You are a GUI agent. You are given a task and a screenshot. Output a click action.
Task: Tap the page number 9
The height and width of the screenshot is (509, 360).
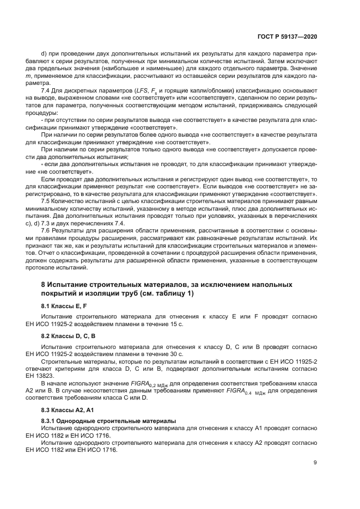[x=315, y=463]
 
